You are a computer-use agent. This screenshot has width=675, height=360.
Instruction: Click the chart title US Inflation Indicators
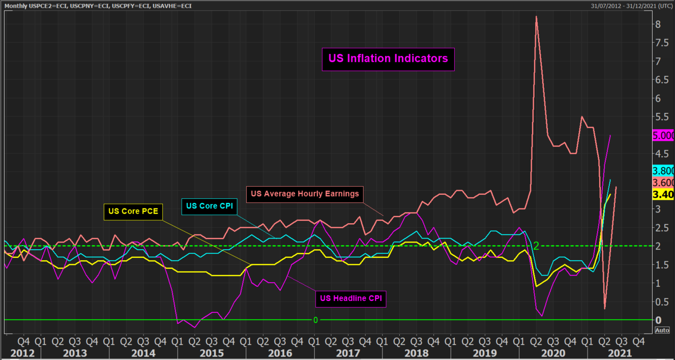(388, 58)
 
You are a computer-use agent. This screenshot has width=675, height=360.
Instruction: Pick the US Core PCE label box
(133, 212)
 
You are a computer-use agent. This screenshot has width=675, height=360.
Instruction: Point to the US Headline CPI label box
(351, 298)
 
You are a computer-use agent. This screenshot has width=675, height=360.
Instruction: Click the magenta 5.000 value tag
(663, 136)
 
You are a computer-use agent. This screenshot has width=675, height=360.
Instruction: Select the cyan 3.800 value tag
(663, 171)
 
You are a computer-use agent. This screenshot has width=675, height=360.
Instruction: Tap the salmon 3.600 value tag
(663, 183)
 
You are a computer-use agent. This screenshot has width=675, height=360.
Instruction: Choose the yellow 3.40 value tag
(663, 195)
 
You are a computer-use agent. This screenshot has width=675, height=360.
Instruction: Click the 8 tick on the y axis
(658, 24)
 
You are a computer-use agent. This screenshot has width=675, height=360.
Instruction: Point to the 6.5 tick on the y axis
(661, 80)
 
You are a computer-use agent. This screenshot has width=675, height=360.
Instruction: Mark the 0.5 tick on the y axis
(661, 302)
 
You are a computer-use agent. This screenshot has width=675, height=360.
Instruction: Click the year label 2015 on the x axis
(210, 353)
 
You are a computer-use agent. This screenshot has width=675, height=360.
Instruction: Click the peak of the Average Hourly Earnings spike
(536, 17)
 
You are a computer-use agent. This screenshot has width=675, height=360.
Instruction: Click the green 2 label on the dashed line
(536, 246)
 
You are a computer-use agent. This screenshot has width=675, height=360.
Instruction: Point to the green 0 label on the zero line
(315, 320)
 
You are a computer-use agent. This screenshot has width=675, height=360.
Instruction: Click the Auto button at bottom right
(662, 331)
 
